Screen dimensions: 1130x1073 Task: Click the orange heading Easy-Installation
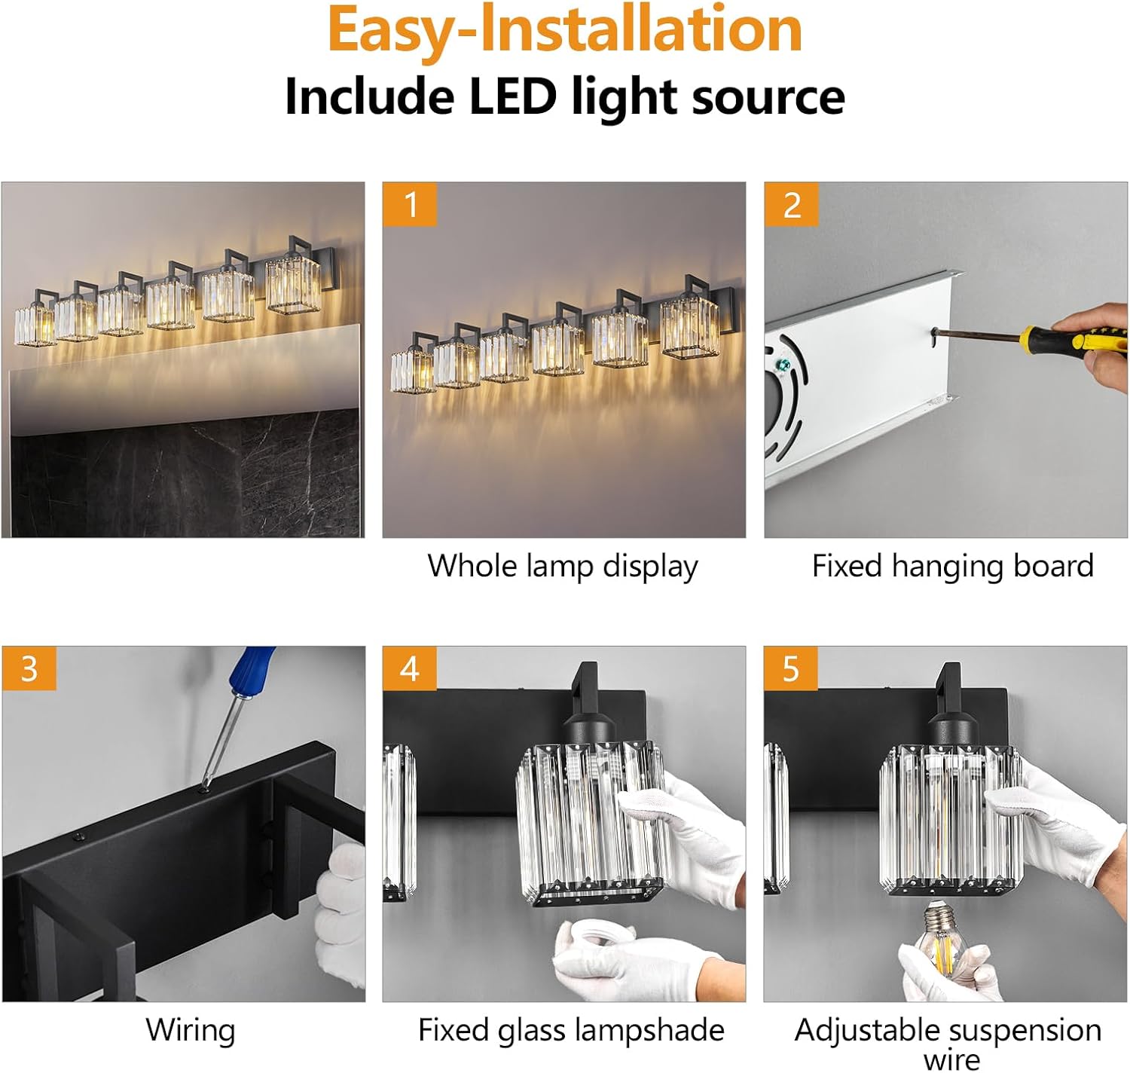tap(564, 30)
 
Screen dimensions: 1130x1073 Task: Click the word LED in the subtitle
tap(513, 96)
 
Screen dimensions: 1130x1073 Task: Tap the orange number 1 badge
tap(410, 204)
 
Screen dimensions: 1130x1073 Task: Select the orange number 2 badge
tap(792, 204)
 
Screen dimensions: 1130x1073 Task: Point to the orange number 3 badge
tap(29, 668)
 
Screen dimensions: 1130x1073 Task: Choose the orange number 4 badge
tap(410, 668)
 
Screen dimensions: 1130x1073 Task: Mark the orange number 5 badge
tap(791, 668)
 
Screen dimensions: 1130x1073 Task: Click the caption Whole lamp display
tap(563, 567)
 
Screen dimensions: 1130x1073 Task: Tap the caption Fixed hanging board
tap(952, 566)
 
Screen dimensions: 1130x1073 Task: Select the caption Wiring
tap(191, 1029)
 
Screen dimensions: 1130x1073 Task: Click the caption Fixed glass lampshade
tap(571, 1029)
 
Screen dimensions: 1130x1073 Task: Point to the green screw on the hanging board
tap(783, 365)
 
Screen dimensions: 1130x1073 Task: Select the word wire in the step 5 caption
tap(951, 1059)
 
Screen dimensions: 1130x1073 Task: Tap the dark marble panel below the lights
tap(184, 475)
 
